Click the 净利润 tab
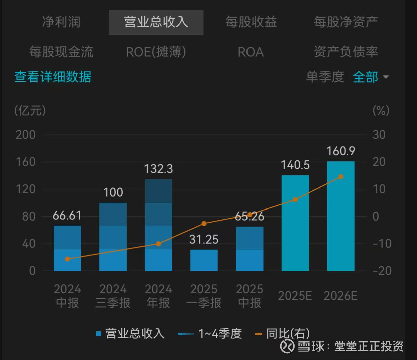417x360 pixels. (x=61, y=22)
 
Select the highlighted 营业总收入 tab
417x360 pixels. (x=156, y=22)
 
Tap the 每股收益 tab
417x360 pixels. (x=251, y=22)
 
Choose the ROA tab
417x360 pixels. (x=251, y=52)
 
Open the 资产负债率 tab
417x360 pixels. (x=346, y=52)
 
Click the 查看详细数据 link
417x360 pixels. (x=53, y=77)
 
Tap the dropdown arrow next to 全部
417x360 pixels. (x=386, y=77)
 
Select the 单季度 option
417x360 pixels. (x=325, y=77)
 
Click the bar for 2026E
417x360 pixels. (x=341, y=216)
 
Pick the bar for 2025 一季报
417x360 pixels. (x=204, y=260)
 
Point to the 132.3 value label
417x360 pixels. (x=158, y=169)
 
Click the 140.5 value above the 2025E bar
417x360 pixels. (x=295, y=165)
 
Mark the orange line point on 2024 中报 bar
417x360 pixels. (x=67, y=259)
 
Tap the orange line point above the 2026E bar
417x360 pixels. (x=341, y=177)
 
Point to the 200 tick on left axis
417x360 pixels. (x=25, y=135)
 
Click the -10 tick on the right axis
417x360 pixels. (x=382, y=244)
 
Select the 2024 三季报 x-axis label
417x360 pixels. (x=113, y=296)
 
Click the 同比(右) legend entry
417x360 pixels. (x=282, y=334)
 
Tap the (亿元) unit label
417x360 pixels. (x=30, y=111)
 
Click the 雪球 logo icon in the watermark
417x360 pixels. (x=287, y=346)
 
